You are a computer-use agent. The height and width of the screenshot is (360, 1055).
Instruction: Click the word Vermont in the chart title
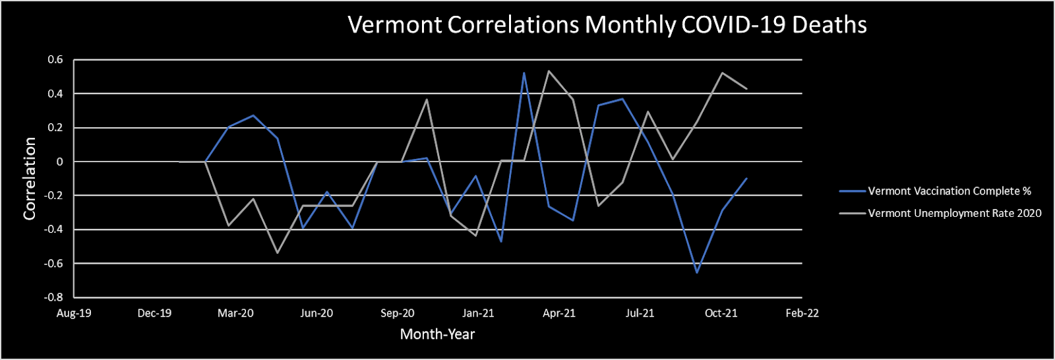point(395,25)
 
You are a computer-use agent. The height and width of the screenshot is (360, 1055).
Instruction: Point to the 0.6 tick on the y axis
point(55,60)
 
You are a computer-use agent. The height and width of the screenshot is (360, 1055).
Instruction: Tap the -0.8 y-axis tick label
point(53,297)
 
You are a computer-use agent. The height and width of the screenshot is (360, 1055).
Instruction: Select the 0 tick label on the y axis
point(60,162)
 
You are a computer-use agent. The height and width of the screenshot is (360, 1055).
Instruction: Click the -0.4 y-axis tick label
point(53,229)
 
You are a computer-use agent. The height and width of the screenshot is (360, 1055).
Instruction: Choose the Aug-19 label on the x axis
point(74,313)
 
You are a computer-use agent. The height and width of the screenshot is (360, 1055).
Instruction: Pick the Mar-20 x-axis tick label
point(235,313)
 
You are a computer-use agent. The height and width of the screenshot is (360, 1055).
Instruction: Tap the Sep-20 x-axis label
point(398,313)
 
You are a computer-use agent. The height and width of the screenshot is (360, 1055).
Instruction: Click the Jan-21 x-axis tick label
point(478,313)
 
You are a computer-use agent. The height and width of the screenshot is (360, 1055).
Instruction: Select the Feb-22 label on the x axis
point(802,313)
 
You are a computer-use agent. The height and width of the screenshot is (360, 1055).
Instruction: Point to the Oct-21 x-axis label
point(721,313)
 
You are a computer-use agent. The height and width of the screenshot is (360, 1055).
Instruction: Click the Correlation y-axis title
point(30,179)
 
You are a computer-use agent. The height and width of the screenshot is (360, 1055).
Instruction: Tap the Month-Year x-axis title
point(438,334)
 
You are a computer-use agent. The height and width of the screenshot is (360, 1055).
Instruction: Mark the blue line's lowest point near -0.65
point(697,272)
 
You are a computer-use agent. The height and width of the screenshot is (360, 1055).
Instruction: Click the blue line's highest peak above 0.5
point(524,73)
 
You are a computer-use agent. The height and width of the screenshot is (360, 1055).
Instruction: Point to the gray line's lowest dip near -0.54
point(278,253)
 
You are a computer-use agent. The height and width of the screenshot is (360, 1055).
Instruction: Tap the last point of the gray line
point(746,88)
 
